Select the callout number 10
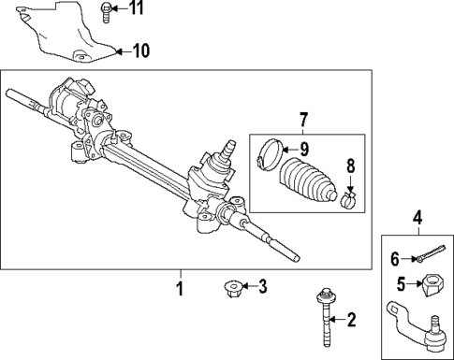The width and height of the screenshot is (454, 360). [140, 50]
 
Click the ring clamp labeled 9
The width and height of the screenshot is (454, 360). [268, 151]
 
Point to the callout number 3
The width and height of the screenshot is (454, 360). [263, 286]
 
